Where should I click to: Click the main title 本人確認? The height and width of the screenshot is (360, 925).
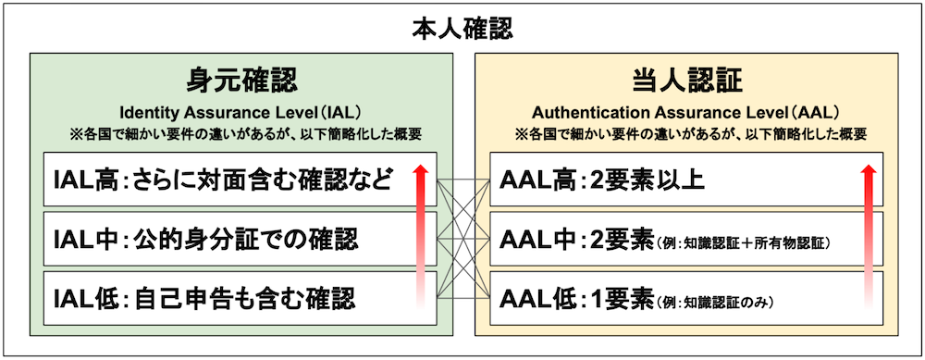point(462,28)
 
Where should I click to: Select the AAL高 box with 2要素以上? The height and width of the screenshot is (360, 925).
point(666,180)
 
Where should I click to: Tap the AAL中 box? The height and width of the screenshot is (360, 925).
point(666,240)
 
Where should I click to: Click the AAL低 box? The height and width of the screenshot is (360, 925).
point(666,300)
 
